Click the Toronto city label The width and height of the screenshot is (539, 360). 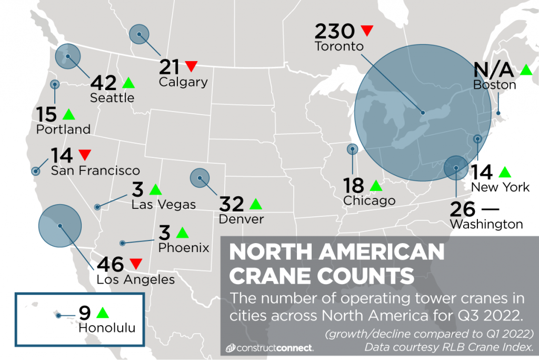pyautogui.click(x=339, y=46)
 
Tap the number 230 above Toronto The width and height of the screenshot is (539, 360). pyautogui.click(x=334, y=31)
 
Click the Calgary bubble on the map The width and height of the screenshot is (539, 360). pyautogui.click(x=139, y=35)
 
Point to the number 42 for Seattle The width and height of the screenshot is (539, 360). pyautogui.click(x=103, y=83)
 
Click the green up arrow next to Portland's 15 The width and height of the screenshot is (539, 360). pyautogui.click(x=68, y=114)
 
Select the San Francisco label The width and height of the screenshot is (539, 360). pyautogui.click(x=95, y=171)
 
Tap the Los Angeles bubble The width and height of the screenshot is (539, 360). pyautogui.click(x=60, y=226)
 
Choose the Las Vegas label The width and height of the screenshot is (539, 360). pyautogui.click(x=164, y=204)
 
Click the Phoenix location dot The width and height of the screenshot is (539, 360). pyautogui.click(x=122, y=243)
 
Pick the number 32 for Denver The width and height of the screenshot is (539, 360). pyautogui.click(x=233, y=204)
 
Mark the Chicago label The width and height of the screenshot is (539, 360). pyautogui.click(x=368, y=201)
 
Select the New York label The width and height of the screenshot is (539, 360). pyautogui.click(x=500, y=187)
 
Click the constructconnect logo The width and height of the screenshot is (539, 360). pyautogui.click(x=269, y=348)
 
